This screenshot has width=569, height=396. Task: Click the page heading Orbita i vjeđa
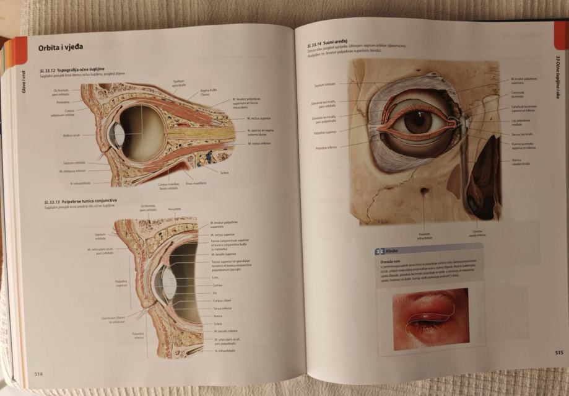point(60,46)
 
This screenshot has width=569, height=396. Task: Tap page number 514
point(38,373)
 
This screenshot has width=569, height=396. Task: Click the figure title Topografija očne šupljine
point(84,69)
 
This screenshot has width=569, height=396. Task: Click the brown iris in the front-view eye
point(419,121)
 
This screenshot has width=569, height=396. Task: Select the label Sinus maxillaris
point(196,183)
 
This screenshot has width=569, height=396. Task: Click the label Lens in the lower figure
point(215,278)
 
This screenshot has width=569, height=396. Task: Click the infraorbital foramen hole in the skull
point(424,192)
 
